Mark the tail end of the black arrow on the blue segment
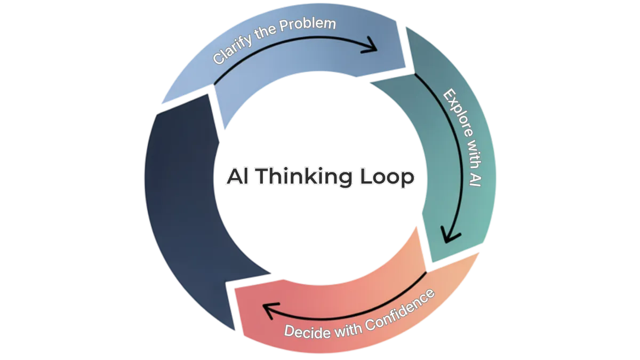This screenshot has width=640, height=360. tap(217, 82)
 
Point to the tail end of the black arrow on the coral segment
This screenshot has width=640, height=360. tap(425, 273)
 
